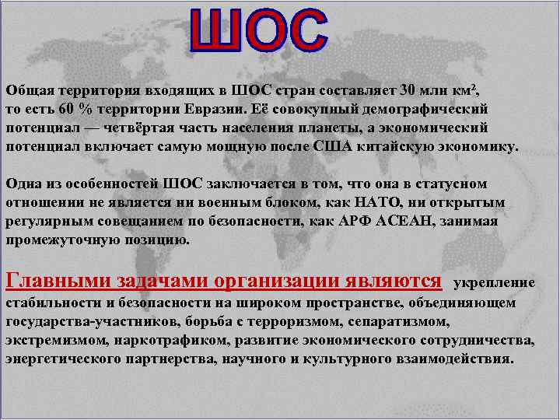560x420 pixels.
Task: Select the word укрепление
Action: click(494, 282)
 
